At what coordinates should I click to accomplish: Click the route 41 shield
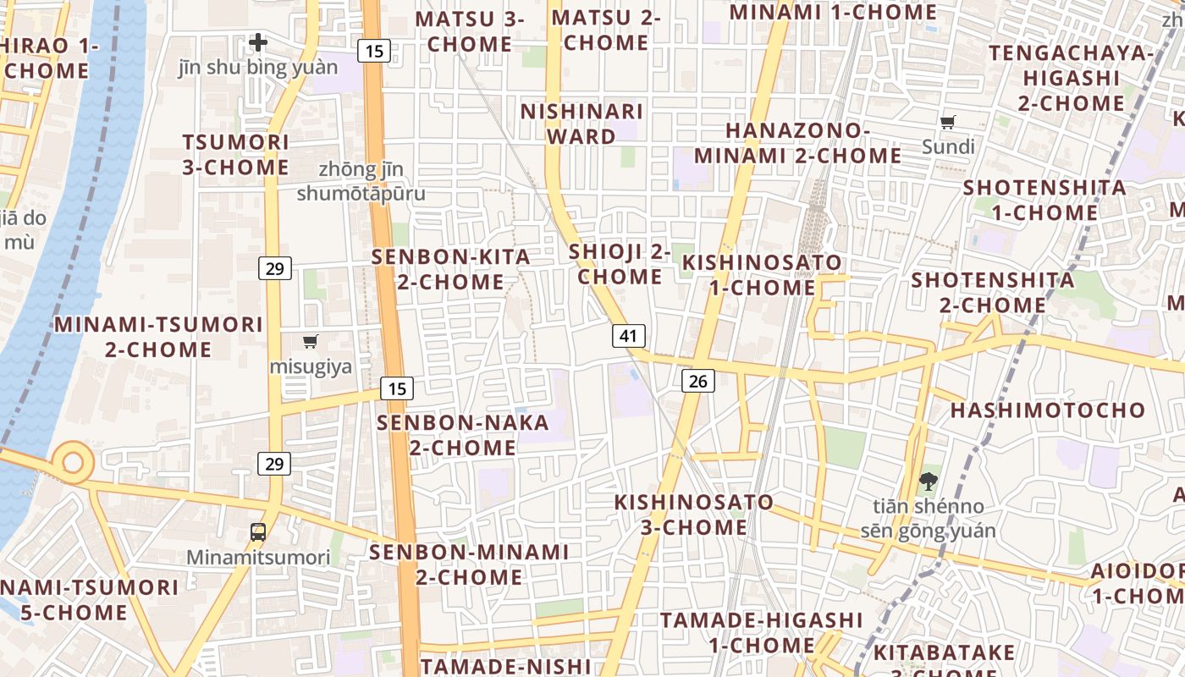click(x=628, y=336)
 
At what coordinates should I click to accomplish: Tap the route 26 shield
click(x=698, y=381)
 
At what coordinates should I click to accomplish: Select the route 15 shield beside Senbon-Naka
click(x=396, y=388)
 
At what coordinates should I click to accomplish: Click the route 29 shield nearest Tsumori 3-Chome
click(x=274, y=268)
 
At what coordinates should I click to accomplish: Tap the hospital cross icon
click(x=258, y=41)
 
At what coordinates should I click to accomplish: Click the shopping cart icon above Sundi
click(x=948, y=123)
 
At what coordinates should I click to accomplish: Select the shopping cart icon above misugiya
click(x=311, y=342)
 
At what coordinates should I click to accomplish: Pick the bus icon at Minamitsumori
click(x=258, y=532)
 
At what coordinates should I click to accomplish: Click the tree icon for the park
click(x=929, y=482)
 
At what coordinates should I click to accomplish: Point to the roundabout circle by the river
click(x=73, y=462)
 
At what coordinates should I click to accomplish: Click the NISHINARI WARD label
click(x=581, y=124)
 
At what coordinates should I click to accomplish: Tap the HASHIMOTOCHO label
click(x=1048, y=410)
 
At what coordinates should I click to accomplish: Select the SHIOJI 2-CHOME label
click(x=620, y=264)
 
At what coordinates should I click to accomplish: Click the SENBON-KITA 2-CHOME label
click(x=451, y=269)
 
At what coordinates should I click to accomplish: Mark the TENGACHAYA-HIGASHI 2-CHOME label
click(x=1071, y=78)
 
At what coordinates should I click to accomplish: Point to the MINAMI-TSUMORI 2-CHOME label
click(x=158, y=337)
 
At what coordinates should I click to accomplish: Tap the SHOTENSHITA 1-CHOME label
click(x=1044, y=200)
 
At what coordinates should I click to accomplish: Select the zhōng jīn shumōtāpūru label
click(x=361, y=181)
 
